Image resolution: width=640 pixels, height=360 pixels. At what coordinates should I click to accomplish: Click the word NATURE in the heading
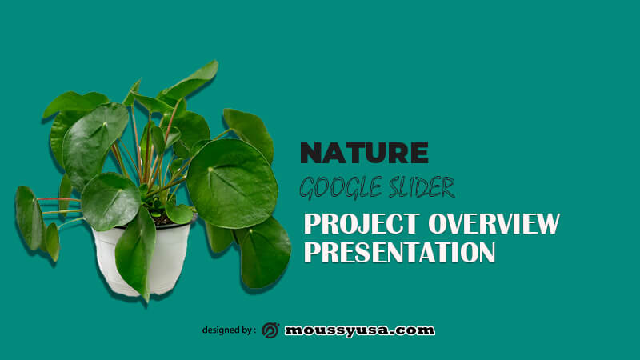point(364,153)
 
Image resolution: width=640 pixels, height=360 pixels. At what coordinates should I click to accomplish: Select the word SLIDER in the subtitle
point(422,188)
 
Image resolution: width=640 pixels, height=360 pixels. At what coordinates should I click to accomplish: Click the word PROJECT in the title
point(362,224)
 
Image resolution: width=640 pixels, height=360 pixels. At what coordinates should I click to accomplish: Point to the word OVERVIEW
point(494,224)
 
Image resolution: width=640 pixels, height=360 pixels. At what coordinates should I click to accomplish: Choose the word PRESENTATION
point(399,252)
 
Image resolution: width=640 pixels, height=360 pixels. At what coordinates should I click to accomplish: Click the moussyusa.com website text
point(359,330)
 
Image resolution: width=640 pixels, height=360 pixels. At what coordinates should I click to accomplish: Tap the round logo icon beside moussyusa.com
point(270,330)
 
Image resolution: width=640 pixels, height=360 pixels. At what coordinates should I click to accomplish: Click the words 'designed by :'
point(229,330)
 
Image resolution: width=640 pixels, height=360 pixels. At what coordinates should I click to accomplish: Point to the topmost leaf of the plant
point(190,81)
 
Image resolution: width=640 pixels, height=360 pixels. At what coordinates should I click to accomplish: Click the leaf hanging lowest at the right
point(266,254)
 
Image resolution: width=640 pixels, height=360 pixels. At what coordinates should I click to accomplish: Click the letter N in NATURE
point(312,153)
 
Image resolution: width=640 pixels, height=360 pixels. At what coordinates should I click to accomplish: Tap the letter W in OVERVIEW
point(547,224)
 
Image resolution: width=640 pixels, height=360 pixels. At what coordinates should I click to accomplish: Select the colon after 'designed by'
point(254,331)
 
